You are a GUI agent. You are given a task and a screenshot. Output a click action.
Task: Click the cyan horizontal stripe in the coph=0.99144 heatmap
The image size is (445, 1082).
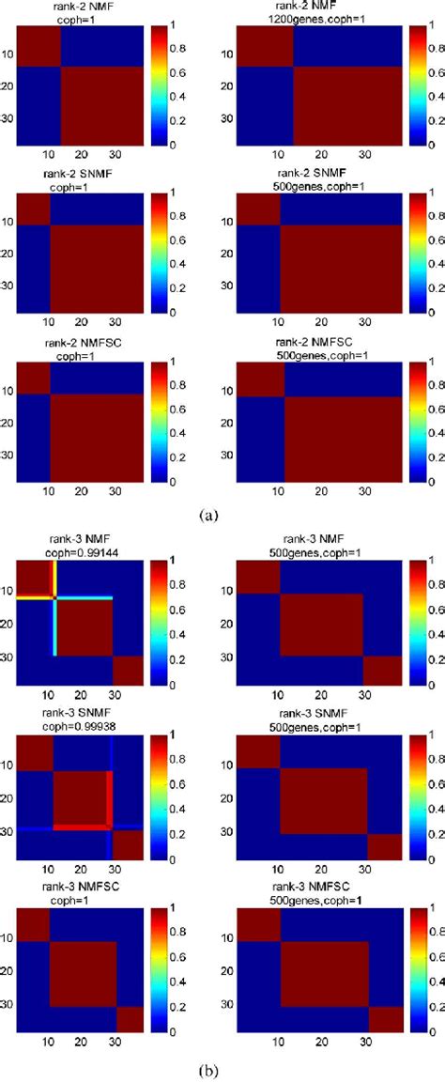84,625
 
